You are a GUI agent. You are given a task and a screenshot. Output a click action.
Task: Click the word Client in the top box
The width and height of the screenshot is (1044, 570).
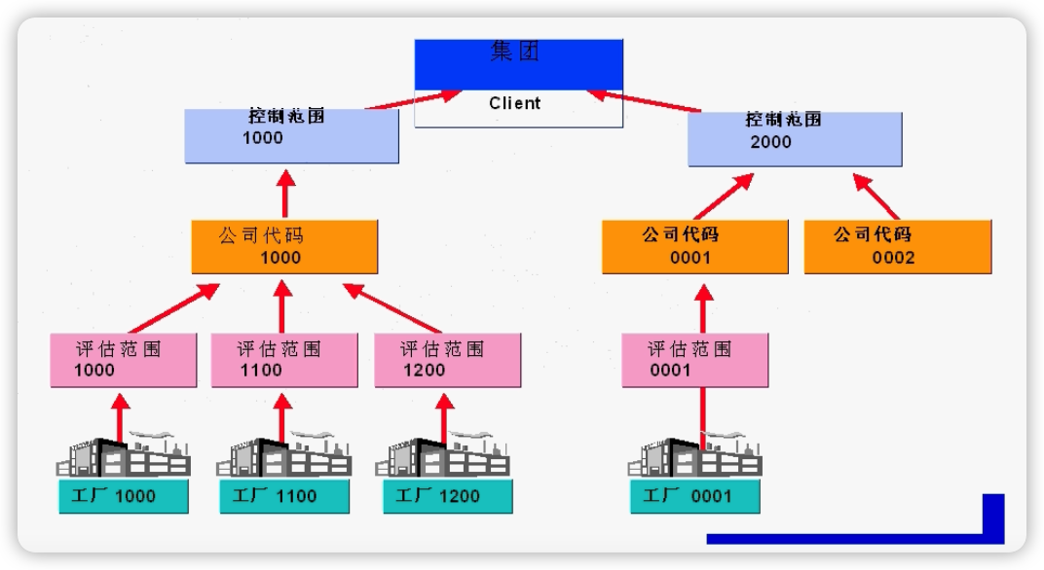click(x=515, y=103)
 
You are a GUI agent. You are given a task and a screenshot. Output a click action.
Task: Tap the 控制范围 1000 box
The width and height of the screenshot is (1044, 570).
click(x=292, y=136)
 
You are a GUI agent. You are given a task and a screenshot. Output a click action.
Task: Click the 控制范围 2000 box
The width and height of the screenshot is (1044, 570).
click(x=795, y=139)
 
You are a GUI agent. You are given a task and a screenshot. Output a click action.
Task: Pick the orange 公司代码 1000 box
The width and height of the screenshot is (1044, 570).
click(x=284, y=247)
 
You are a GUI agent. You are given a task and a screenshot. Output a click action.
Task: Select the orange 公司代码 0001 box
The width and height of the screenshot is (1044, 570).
click(x=694, y=247)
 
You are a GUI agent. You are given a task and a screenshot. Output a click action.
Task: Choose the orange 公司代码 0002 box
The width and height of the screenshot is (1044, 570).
click(x=897, y=247)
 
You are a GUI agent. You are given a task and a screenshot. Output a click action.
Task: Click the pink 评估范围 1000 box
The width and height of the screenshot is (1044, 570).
click(x=120, y=360)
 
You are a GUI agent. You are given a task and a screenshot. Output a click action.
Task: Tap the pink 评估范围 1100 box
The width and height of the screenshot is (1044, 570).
click(x=281, y=360)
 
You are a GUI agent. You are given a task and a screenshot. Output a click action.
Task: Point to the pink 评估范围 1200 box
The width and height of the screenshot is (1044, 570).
click(x=447, y=360)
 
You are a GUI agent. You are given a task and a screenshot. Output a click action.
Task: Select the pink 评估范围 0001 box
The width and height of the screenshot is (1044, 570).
click(x=694, y=360)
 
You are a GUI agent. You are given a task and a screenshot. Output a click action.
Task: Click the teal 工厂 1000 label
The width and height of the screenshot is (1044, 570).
click(x=123, y=496)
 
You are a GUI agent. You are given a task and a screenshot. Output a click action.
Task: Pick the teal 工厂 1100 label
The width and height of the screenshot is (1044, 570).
click(x=282, y=496)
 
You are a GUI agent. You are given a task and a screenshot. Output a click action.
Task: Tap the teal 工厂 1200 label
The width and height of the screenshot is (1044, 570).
click(x=445, y=496)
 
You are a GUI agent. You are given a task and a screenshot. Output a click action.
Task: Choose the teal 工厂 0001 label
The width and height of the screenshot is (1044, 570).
click(x=694, y=496)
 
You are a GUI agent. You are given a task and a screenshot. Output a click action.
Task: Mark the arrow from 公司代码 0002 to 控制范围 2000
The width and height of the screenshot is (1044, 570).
click(x=876, y=196)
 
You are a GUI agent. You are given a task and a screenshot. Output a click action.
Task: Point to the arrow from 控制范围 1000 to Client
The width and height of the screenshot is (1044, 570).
click(x=413, y=98)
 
